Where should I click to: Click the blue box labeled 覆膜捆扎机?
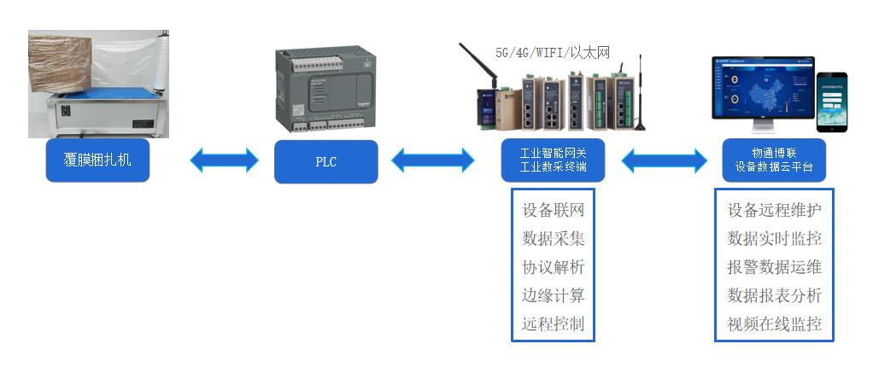[x=97, y=160]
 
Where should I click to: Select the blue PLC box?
[x=325, y=161]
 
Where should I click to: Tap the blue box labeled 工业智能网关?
[x=553, y=160]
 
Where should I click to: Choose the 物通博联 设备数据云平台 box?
[x=773, y=160]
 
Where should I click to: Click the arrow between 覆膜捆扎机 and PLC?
[x=224, y=160]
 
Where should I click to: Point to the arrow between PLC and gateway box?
[x=433, y=160]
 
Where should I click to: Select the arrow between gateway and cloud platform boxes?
[x=665, y=160]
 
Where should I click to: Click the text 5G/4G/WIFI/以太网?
[x=554, y=52]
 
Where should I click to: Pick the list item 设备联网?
[x=553, y=210]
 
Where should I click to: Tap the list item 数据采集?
[x=553, y=238]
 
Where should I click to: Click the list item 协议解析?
[x=553, y=267]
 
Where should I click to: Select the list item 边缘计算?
[x=553, y=295]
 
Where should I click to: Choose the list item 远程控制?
[x=553, y=324]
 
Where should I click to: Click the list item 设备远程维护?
[x=774, y=210]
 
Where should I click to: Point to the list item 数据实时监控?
[x=774, y=238]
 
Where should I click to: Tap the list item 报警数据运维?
[x=774, y=267]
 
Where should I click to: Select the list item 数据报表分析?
[x=774, y=295]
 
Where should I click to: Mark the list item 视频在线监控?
[x=774, y=324]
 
